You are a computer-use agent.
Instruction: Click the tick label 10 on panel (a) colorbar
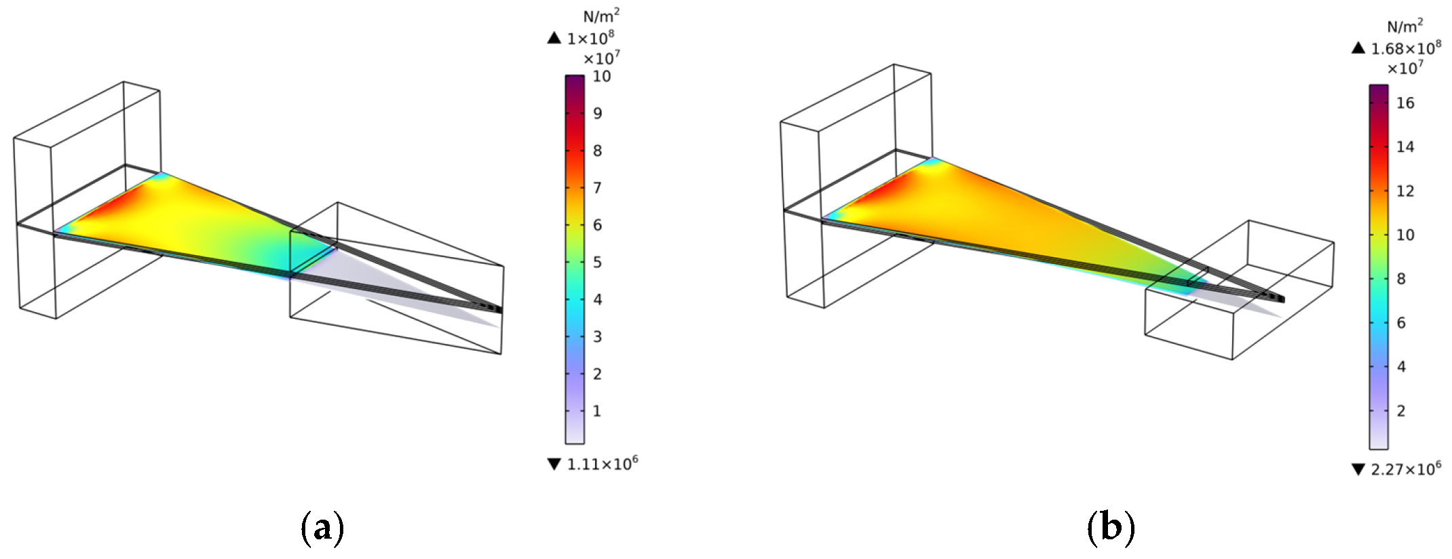[602, 76]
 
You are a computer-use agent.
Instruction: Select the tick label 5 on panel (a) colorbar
[598, 262]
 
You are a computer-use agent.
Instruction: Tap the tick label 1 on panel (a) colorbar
[597, 411]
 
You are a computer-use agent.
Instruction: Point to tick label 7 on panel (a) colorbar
[598, 188]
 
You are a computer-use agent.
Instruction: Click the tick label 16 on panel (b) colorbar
[1406, 103]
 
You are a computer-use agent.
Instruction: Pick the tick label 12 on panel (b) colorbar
[1406, 191]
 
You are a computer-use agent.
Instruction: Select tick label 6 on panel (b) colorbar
[1401, 323]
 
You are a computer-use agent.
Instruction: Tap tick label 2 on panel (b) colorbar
[1401, 411]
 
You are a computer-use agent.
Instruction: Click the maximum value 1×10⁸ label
[591, 38]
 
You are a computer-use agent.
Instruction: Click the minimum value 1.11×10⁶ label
[603, 463]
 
